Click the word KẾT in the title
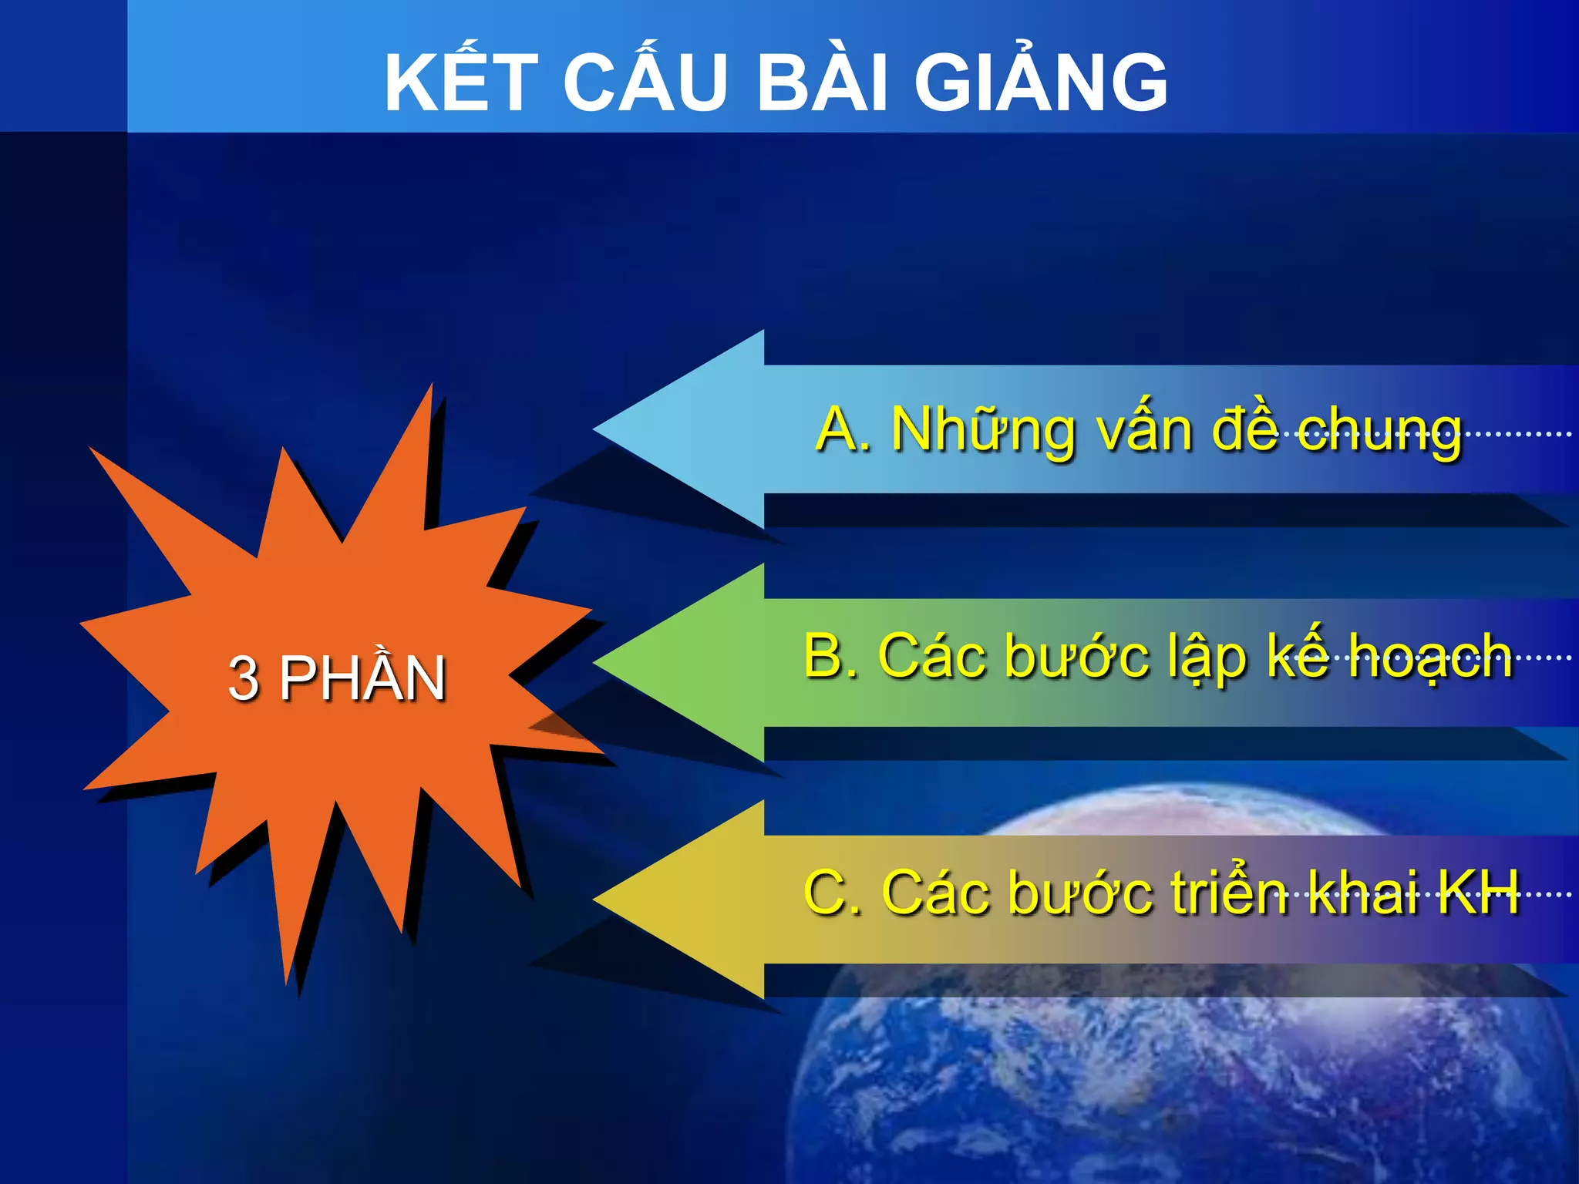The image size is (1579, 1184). (461, 82)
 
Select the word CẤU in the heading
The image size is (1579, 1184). (646, 82)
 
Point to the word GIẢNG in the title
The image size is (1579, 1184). (1041, 82)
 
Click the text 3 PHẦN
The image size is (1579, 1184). (337, 678)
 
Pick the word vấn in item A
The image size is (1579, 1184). (1146, 430)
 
